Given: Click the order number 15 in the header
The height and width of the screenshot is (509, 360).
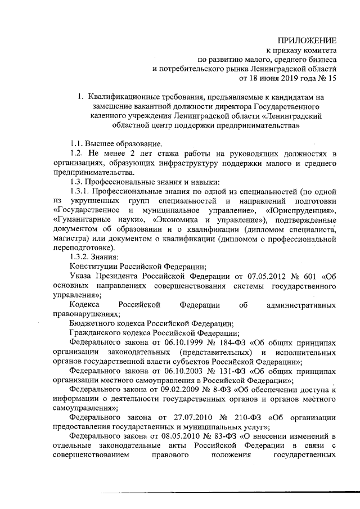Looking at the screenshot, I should click(332, 78).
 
